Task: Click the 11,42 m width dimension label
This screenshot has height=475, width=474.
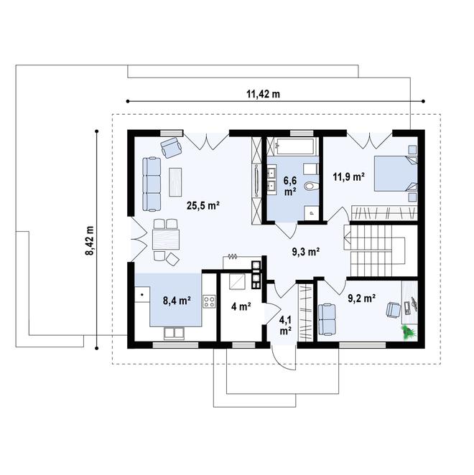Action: [x=263, y=94]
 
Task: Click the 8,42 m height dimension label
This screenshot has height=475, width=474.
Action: [x=90, y=241]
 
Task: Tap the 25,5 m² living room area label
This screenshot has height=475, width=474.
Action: [x=203, y=205]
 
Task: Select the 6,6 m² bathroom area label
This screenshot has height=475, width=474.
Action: [x=289, y=186]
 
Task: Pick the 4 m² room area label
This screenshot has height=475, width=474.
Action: [x=240, y=306]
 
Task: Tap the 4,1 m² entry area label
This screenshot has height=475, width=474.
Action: [x=285, y=326]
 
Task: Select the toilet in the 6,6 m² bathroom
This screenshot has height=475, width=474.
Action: [x=311, y=186]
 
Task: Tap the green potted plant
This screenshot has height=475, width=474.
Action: [x=409, y=331]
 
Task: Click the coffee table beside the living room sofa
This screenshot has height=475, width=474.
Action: [x=176, y=181]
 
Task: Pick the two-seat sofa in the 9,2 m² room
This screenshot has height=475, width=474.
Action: [x=327, y=319]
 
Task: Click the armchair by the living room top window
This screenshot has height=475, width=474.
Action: [x=171, y=147]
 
